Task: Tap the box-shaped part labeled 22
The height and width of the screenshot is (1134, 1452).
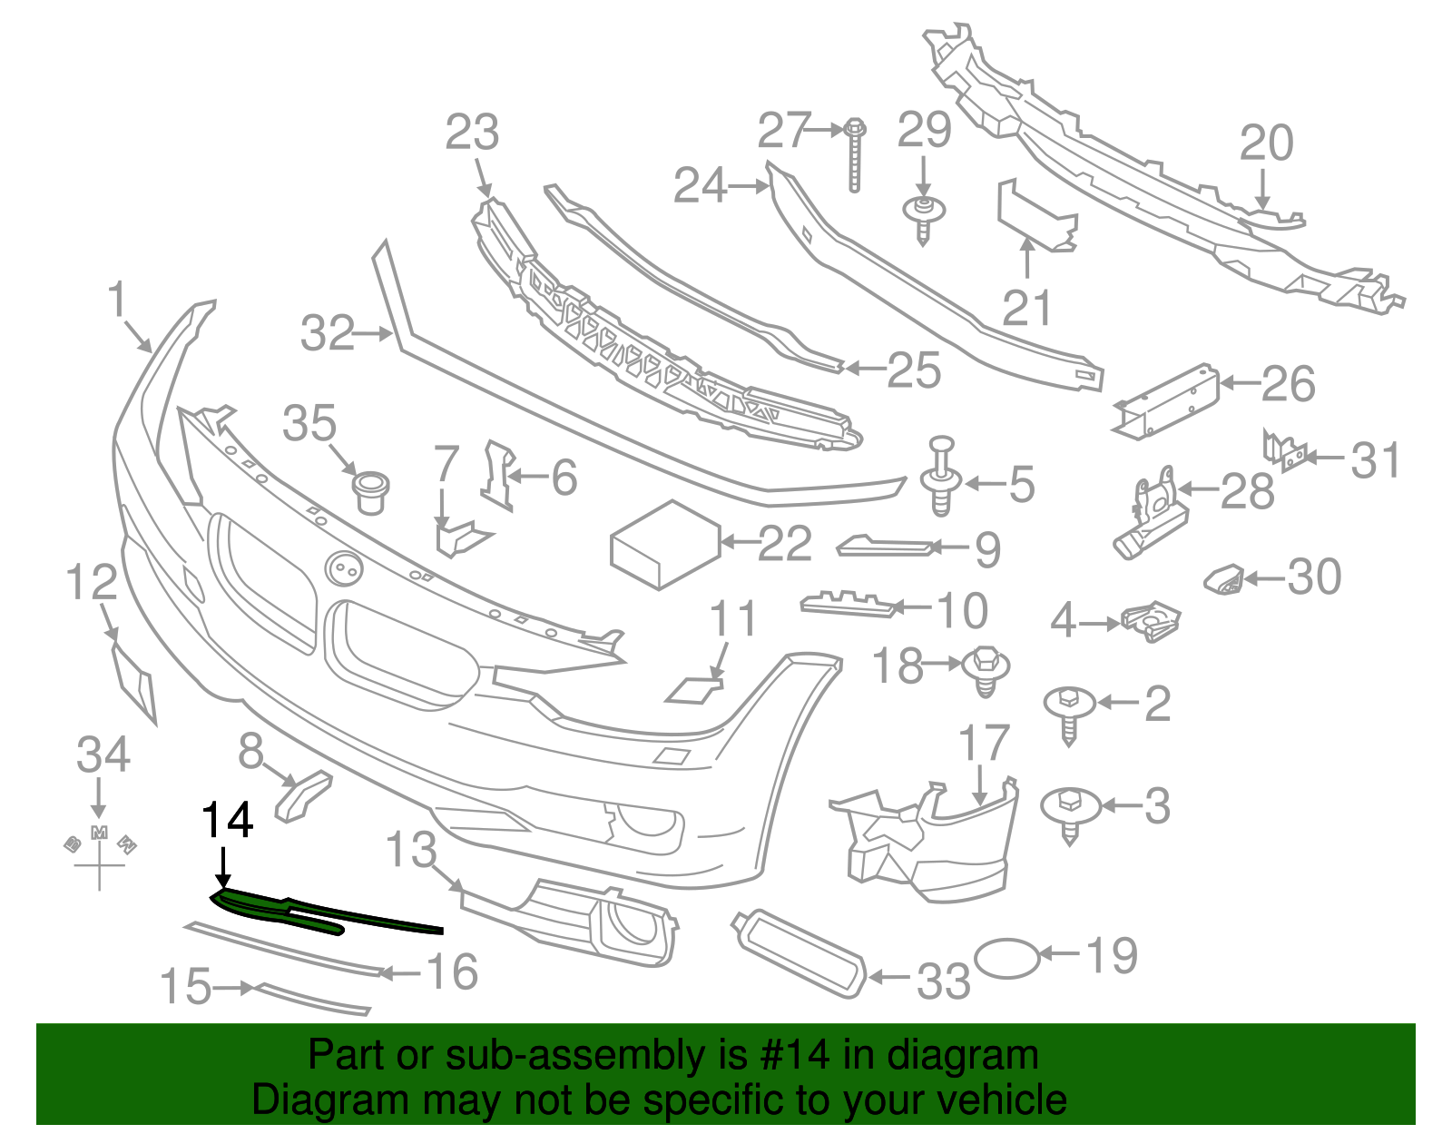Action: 665,546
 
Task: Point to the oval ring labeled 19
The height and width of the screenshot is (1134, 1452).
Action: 1006,958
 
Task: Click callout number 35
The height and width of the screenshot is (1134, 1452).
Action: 309,424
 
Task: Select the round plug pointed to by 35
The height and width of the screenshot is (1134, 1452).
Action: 370,491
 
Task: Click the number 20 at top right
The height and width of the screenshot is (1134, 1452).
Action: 1266,144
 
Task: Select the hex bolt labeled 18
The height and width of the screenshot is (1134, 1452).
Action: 986,670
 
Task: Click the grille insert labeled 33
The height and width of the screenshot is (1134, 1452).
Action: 799,953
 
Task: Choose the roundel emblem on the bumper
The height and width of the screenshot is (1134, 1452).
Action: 344,568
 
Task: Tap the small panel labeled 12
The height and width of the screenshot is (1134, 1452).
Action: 134,681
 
